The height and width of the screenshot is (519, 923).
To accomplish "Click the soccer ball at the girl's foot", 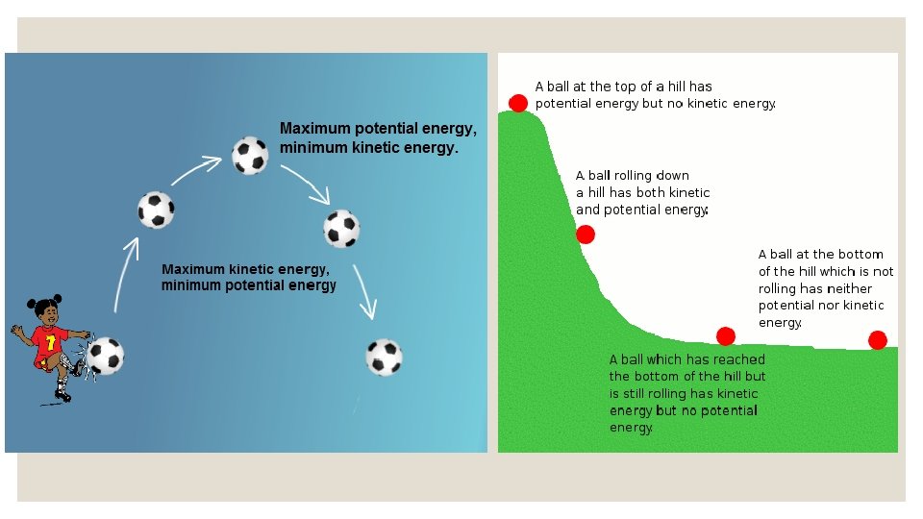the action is pyautogui.click(x=105, y=356).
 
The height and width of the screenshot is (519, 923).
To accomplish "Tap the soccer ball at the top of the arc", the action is pyautogui.click(x=250, y=155).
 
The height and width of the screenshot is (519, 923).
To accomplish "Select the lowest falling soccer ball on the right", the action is pyautogui.click(x=384, y=357).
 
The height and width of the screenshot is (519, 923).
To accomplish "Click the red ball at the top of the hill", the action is pyautogui.click(x=518, y=103).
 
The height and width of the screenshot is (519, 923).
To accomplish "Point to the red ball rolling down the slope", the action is pyautogui.click(x=586, y=235).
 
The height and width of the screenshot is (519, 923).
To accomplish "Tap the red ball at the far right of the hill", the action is pyautogui.click(x=877, y=339).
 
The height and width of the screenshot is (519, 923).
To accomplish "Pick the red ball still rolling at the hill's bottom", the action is pyautogui.click(x=726, y=335).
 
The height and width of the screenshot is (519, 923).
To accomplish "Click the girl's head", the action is pyautogui.click(x=46, y=311).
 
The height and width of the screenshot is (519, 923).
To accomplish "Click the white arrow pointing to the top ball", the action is pyautogui.click(x=197, y=170).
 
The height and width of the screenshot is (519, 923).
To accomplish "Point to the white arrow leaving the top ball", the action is pyautogui.click(x=306, y=185).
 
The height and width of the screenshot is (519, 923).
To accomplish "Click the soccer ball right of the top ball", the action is pyautogui.click(x=341, y=228).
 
